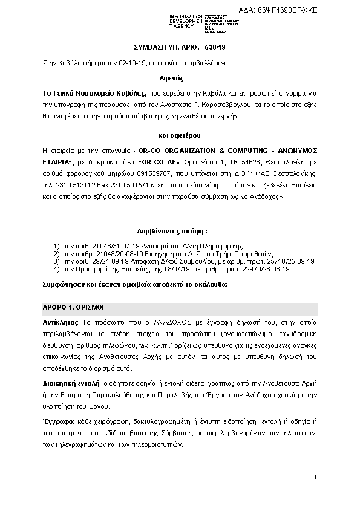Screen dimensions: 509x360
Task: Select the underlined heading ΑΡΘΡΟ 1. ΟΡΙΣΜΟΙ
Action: [x=74, y=307]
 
